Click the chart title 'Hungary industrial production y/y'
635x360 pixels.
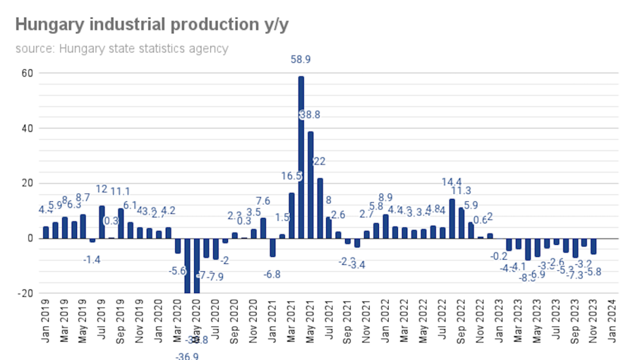pyautogui.click(x=152, y=24)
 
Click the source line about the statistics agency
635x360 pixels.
pyautogui.click(x=121, y=49)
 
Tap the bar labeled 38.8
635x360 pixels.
pyautogui.click(x=310, y=184)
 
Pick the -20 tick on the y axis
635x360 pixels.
pyautogui.click(x=25, y=294)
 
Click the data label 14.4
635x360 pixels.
pyautogui.click(x=452, y=182)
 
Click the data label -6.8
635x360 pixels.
pyautogui.click(x=272, y=275)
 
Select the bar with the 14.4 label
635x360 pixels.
pyautogui.click(x=452, y=218)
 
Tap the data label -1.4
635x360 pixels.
pyautogui.click(x=92, y=260)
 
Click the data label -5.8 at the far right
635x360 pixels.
pyautogui.click(x=594, y=272)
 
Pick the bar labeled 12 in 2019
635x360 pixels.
pyautogui.click(x=102, y=222)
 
